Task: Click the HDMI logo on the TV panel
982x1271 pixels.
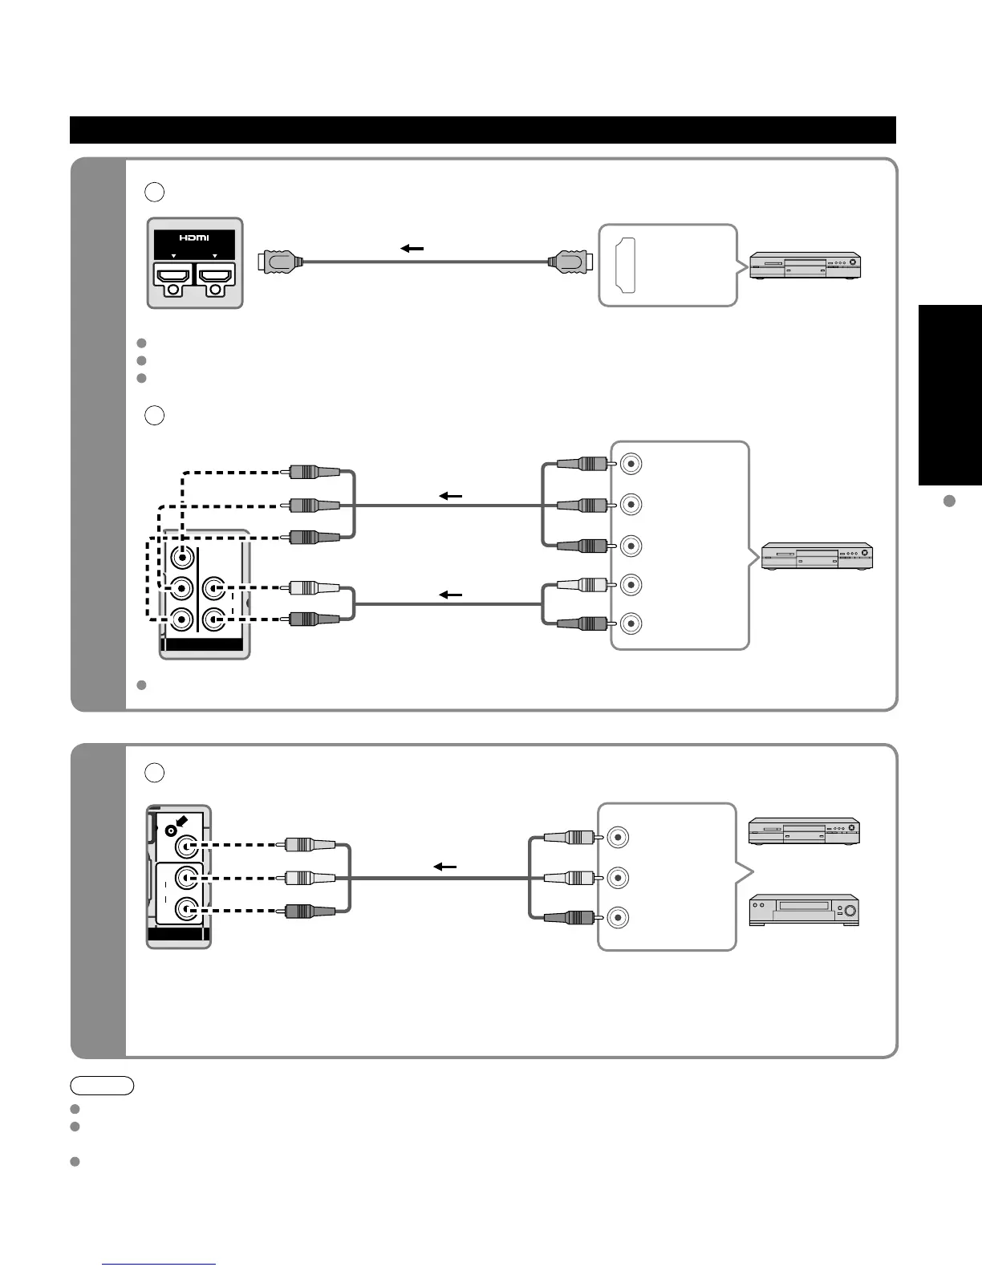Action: point(194,238)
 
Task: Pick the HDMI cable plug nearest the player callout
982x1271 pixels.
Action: point(569,261)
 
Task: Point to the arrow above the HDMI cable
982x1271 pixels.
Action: point(412,249)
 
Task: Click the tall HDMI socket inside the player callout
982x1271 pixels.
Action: point(626,266)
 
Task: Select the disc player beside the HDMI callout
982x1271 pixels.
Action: point(805,266)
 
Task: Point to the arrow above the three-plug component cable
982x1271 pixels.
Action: point(451,497)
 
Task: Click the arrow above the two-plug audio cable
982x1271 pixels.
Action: point(451,595)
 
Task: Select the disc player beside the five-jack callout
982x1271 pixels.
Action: point(817,556)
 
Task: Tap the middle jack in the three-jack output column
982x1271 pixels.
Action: point(618,877)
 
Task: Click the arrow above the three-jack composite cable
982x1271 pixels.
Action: point(444,867)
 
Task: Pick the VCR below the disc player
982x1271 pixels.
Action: point(804,911)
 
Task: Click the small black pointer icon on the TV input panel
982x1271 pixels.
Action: point(182,822)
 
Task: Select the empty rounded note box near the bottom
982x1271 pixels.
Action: point(102,1086)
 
